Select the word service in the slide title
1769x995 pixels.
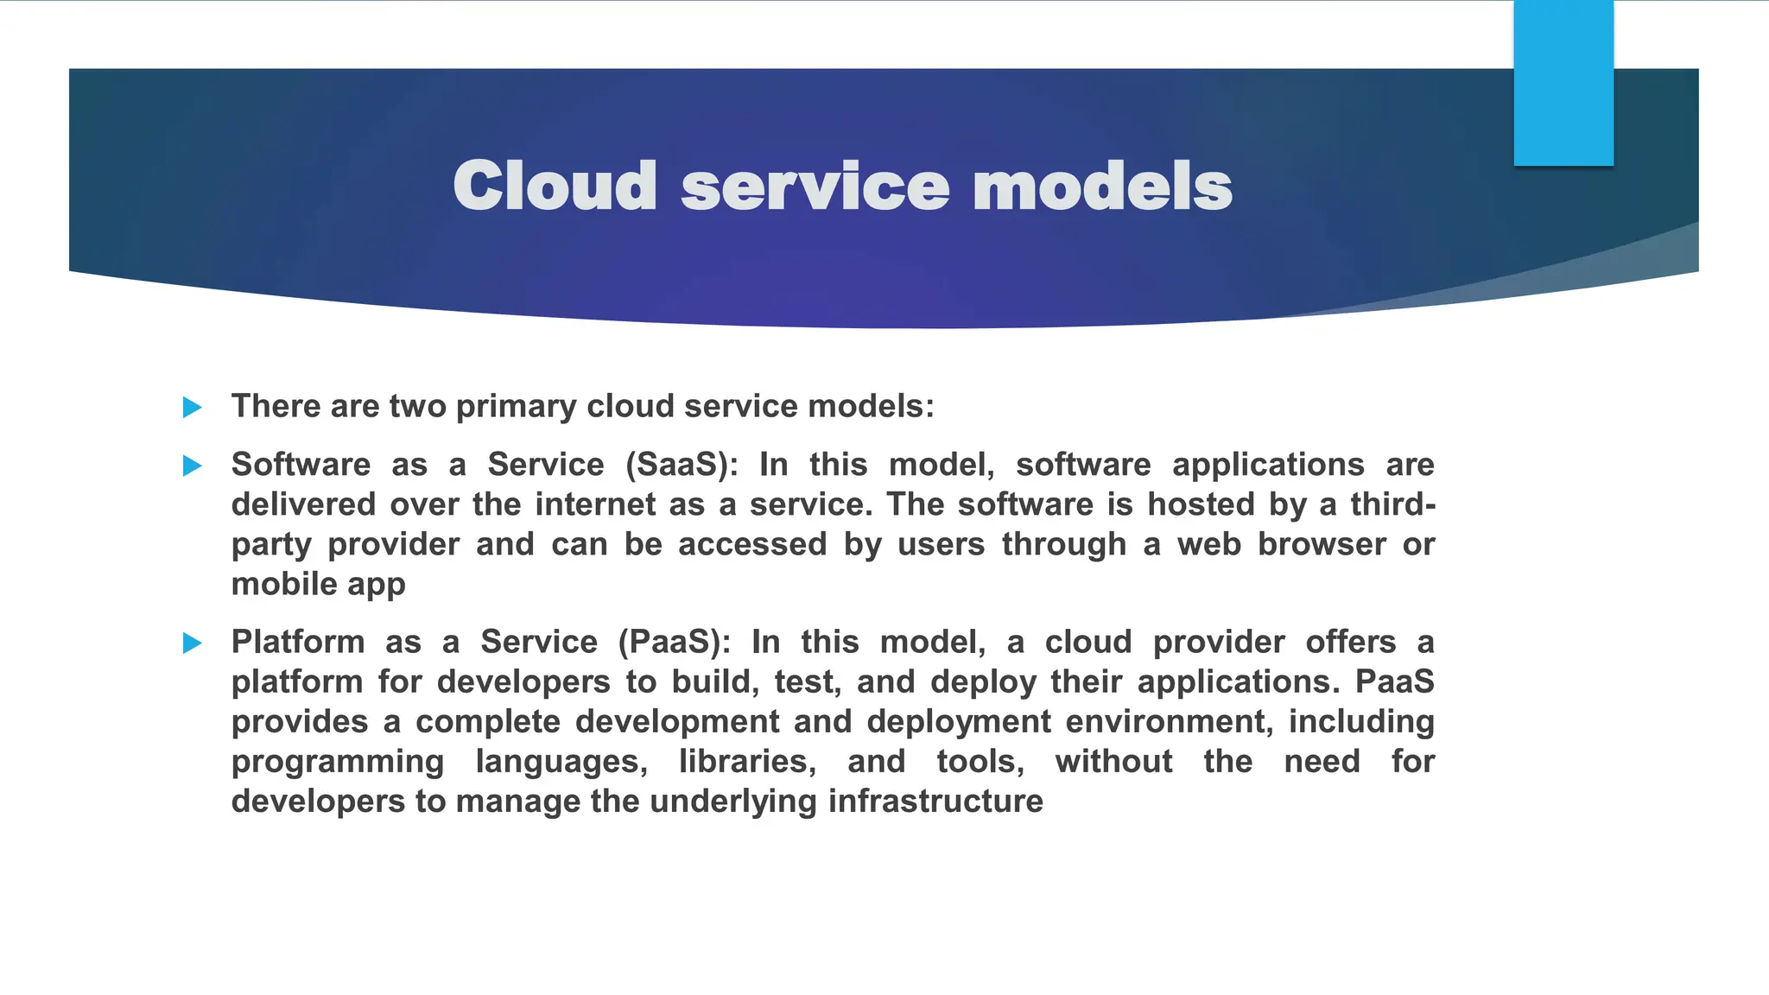coord(815,187)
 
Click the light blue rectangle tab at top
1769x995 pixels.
coord(1563,83)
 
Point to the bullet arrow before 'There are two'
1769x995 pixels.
coord(193,408)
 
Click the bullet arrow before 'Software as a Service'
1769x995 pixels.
coord(193,466)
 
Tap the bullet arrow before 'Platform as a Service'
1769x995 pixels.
coord(193,643)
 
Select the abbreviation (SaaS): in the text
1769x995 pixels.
coord(682,466)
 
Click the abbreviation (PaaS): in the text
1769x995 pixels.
coord(675,643)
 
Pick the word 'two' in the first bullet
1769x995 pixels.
coord(417,407)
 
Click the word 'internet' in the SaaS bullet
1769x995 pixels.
coord(595,504)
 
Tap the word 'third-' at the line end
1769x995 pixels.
coord(1392,504)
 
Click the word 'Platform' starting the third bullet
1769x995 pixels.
coord(298,643)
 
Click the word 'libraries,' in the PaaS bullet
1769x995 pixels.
coord(747,762)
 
